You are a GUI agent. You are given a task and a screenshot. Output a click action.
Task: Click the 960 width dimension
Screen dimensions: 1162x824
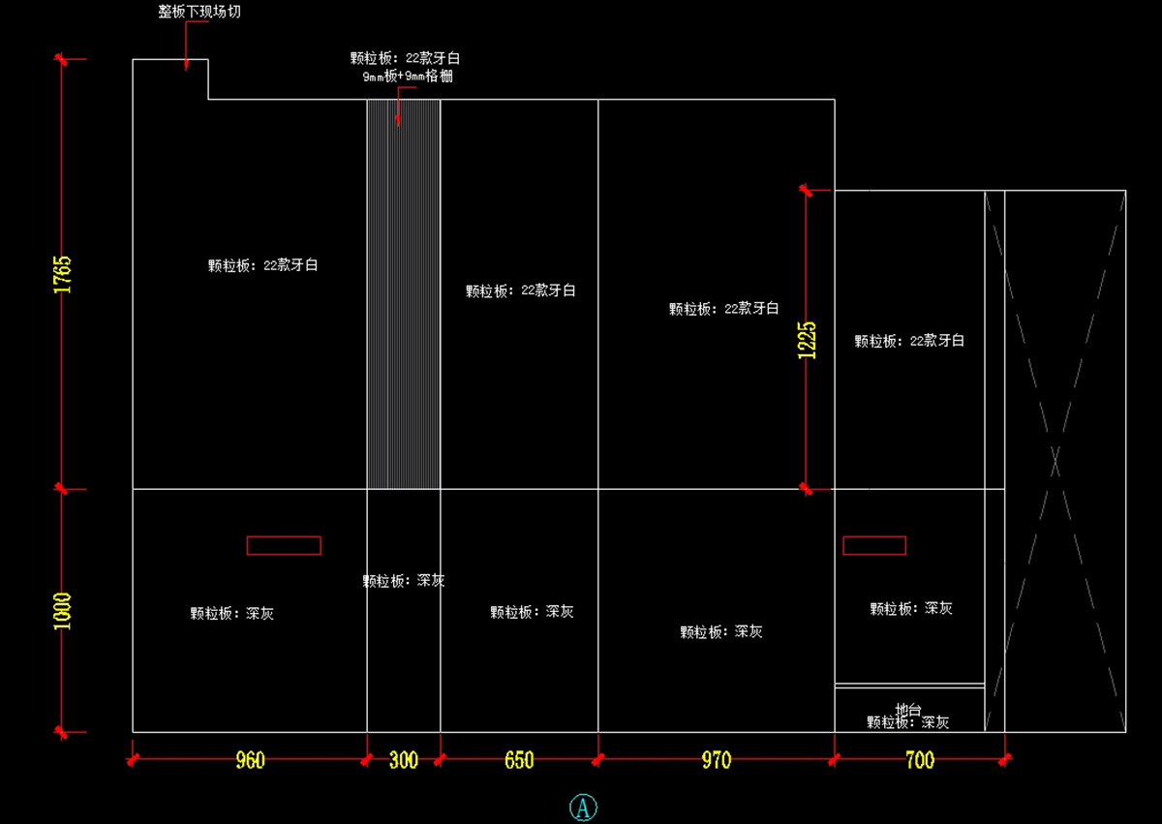(x=250, y=760)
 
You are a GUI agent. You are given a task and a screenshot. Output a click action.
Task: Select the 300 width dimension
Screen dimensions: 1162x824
(x=403, y=760)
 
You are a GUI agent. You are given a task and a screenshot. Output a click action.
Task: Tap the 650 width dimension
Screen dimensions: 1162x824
(x=519, y=760)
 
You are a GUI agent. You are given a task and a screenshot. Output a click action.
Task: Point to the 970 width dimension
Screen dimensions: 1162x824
(x=717, y=760)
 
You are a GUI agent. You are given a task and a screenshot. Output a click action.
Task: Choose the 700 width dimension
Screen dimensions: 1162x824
(x=920, y=760)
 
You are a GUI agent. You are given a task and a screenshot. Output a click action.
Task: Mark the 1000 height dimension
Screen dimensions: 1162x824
(x=63, y=611)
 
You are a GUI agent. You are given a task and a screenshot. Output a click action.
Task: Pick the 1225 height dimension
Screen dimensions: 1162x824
(x=807, y=340)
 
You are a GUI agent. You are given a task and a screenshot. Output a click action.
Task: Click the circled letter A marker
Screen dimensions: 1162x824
(x=582, y=808)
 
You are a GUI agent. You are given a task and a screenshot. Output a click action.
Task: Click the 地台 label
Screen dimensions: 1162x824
(x=907, y=709)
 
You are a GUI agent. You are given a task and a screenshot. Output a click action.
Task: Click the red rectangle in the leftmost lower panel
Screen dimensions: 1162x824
(x=284, y=545)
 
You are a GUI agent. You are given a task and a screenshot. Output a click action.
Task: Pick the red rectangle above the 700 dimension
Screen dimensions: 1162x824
(x=874, y=545)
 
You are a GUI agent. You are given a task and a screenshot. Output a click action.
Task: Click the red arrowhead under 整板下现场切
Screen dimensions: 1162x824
(x=186, y=65)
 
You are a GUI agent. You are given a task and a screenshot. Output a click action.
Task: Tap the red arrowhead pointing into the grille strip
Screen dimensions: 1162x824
(x=398, y=120)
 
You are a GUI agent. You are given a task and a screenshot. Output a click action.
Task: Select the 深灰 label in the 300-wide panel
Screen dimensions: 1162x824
(x=431, y=581)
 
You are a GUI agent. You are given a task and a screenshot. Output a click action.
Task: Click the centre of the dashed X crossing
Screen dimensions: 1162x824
(x=1055, y=461)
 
